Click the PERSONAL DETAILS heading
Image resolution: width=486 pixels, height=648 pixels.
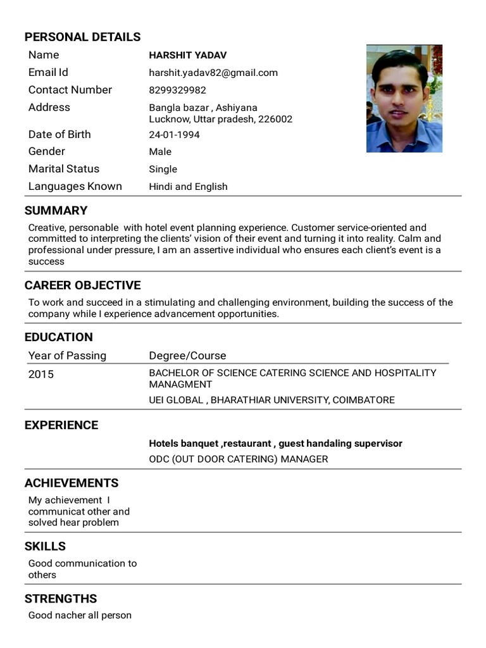[x=82, y=37]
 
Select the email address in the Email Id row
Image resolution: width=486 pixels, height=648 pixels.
[x=213, y=73]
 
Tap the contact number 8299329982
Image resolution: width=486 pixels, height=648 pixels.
[x=177, y=90]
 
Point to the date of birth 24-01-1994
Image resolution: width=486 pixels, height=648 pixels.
[x=174, y=135]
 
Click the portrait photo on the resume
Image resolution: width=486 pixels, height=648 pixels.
[x=404, y=99]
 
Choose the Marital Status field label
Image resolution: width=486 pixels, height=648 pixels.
[x=64, y=169]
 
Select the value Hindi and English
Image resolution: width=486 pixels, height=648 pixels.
[x=188, y=187]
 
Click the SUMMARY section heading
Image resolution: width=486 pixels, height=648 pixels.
[x=56, y=211]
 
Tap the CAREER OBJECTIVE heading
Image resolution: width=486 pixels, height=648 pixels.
[x=82, y=285]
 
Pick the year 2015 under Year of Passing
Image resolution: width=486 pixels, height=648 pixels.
[x=41, y=375]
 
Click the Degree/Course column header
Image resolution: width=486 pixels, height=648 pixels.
[x=187, y=356]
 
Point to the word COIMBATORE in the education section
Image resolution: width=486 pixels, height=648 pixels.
[x=363, y=400]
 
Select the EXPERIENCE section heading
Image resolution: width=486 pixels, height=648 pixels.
[x=61, y=425]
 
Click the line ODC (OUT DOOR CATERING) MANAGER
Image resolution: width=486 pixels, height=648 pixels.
[x=238, y=459]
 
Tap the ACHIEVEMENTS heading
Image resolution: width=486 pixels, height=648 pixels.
[x=72, y=483]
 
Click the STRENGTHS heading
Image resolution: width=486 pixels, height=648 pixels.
[x=61, y=599]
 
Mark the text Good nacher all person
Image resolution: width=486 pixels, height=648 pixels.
[x=80, y=615]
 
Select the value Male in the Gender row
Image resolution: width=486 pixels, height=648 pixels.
[x=160, y=152]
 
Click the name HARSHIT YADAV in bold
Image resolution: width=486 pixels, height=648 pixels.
[x=187, y=56]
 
